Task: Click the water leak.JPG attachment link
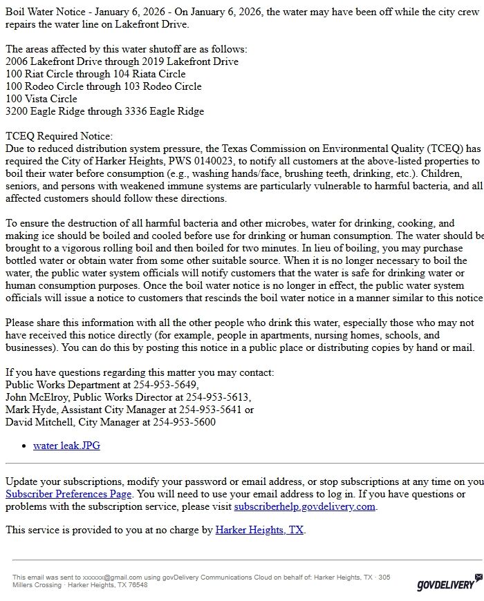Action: click(66, 446)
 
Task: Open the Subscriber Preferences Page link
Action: click(68, 494)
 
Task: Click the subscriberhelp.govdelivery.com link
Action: click(304, 506)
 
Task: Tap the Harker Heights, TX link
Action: click(259, 530)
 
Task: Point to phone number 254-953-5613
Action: click(218, 397)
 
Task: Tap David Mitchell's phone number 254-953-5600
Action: click(184, 422)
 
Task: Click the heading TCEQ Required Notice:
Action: click(59, 137)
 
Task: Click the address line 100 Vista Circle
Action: click(41, 99)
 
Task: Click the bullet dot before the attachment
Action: click(25, 446)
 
